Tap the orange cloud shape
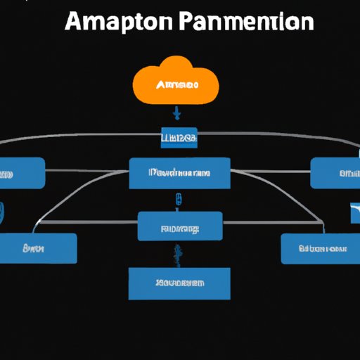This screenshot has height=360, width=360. coord(175,84)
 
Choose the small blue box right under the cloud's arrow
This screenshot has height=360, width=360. coord(179,138)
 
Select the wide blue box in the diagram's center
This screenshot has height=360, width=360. coord(179,172)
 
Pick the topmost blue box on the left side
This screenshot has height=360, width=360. coord(21,172)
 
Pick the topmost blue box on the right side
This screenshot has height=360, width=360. coord(335,172)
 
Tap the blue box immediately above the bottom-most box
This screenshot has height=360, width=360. coord(179,226)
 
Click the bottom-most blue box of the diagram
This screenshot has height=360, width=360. coord(179,283)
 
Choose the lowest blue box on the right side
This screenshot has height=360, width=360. coord(320,248)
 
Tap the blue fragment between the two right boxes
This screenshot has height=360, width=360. coord(354,211)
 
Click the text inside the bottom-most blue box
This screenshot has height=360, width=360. coord(179,283)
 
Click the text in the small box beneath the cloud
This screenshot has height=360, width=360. coord(179,138)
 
